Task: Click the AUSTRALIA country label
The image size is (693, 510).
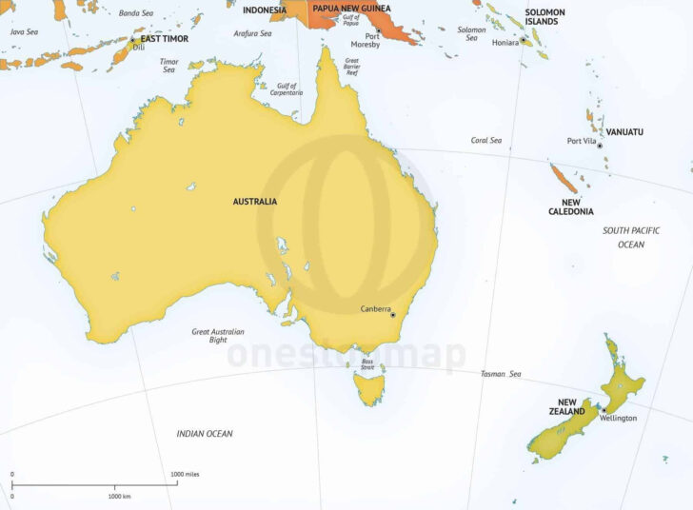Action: [255, 202]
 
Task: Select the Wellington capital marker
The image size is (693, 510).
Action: [603, 410]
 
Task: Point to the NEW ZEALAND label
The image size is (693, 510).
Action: [571, 406]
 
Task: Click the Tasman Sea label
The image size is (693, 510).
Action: [501, 374]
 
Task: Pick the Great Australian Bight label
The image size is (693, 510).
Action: [218, 336]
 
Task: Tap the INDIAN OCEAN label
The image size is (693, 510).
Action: [205, 434]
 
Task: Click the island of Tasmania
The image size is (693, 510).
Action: [368, 386]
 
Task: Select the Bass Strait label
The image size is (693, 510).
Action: [367, 364]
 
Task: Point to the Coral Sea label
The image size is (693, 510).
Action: [485, 140]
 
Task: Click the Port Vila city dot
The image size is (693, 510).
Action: [600, 145]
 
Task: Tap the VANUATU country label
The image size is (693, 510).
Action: [624, 131]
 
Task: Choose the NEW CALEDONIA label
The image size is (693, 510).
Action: [571, 206]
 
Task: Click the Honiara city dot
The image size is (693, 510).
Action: [523, 42]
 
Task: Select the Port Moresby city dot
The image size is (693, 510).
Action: [379, 33]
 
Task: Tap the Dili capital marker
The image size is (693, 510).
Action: [132, 40]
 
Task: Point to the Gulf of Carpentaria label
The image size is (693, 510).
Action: [286, 89]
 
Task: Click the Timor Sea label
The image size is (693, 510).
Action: [168, 66]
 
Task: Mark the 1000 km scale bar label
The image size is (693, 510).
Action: [118, 497]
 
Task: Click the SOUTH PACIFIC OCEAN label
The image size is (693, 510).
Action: [631, 237]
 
